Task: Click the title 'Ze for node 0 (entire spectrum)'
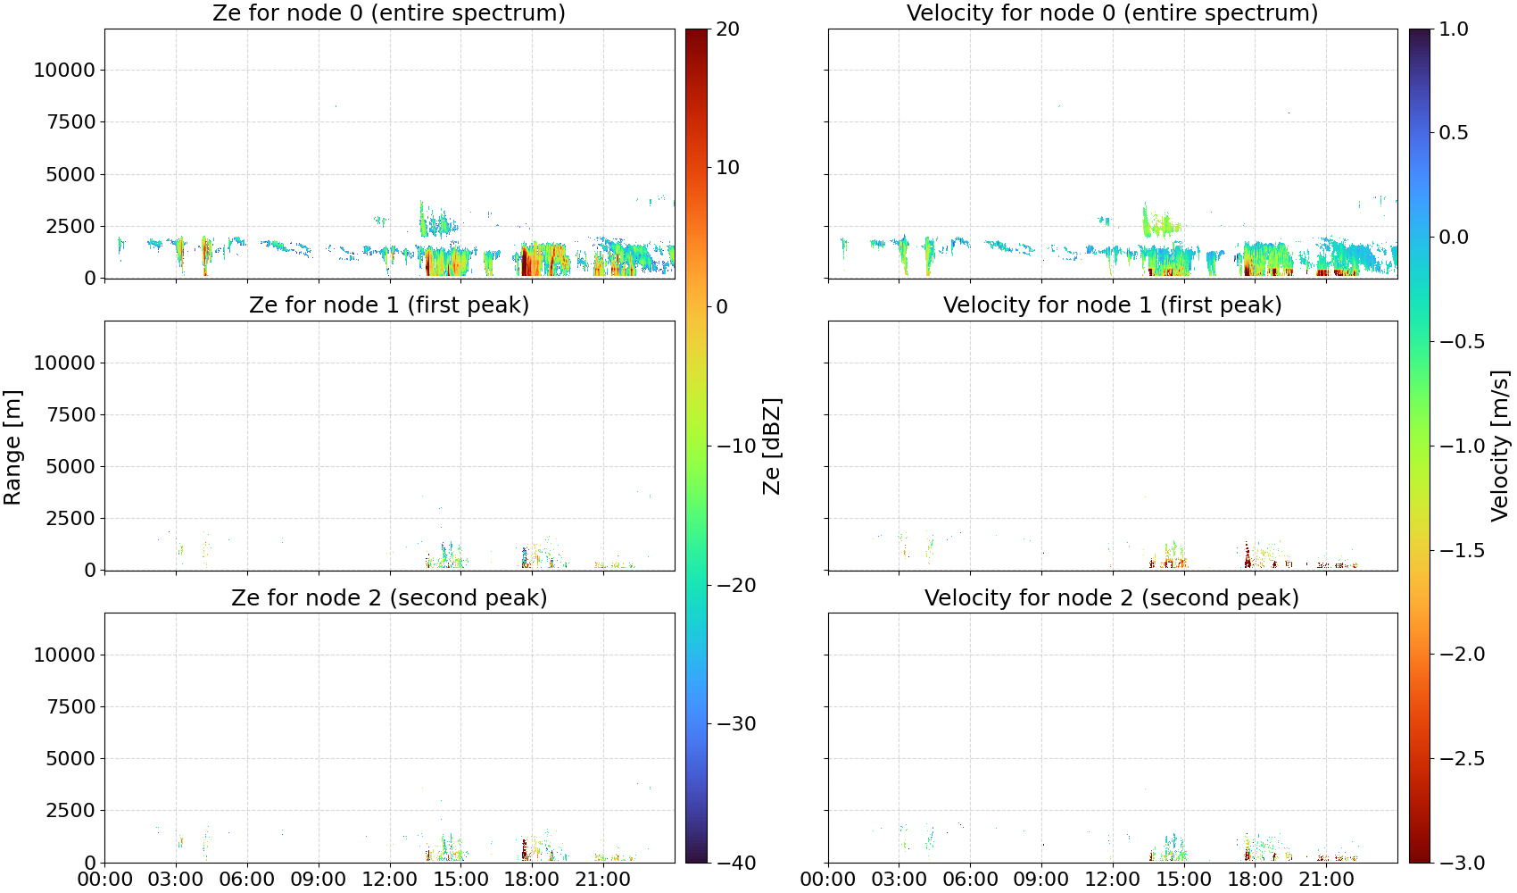pyautogui.click(x=389, y=13)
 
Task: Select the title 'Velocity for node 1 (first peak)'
pyautogui.click(x=1113, y=305)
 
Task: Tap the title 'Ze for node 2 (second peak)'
pyautogui.click(x=389, y=598)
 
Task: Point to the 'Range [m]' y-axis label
pyautogui.click(x=12, y=447)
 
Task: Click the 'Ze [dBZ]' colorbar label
pyautogui.click(x=772, y=446)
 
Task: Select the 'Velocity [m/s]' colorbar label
pyautogui.click(x=1501, y=446)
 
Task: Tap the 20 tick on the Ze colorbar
pyautogui.click(x=727, y=29)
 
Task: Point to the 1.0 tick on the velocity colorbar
pyautogui.click(x=1454, y=29)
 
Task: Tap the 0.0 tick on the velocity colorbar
pyautogui.click(x=1454, y=238)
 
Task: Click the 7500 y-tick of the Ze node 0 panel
pyautogui.click(x=71, y=122)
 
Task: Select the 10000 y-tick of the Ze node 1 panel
pyautogui.click(x=65, y=363)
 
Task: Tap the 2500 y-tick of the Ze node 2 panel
pyautogui.click(x=71, y=810)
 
